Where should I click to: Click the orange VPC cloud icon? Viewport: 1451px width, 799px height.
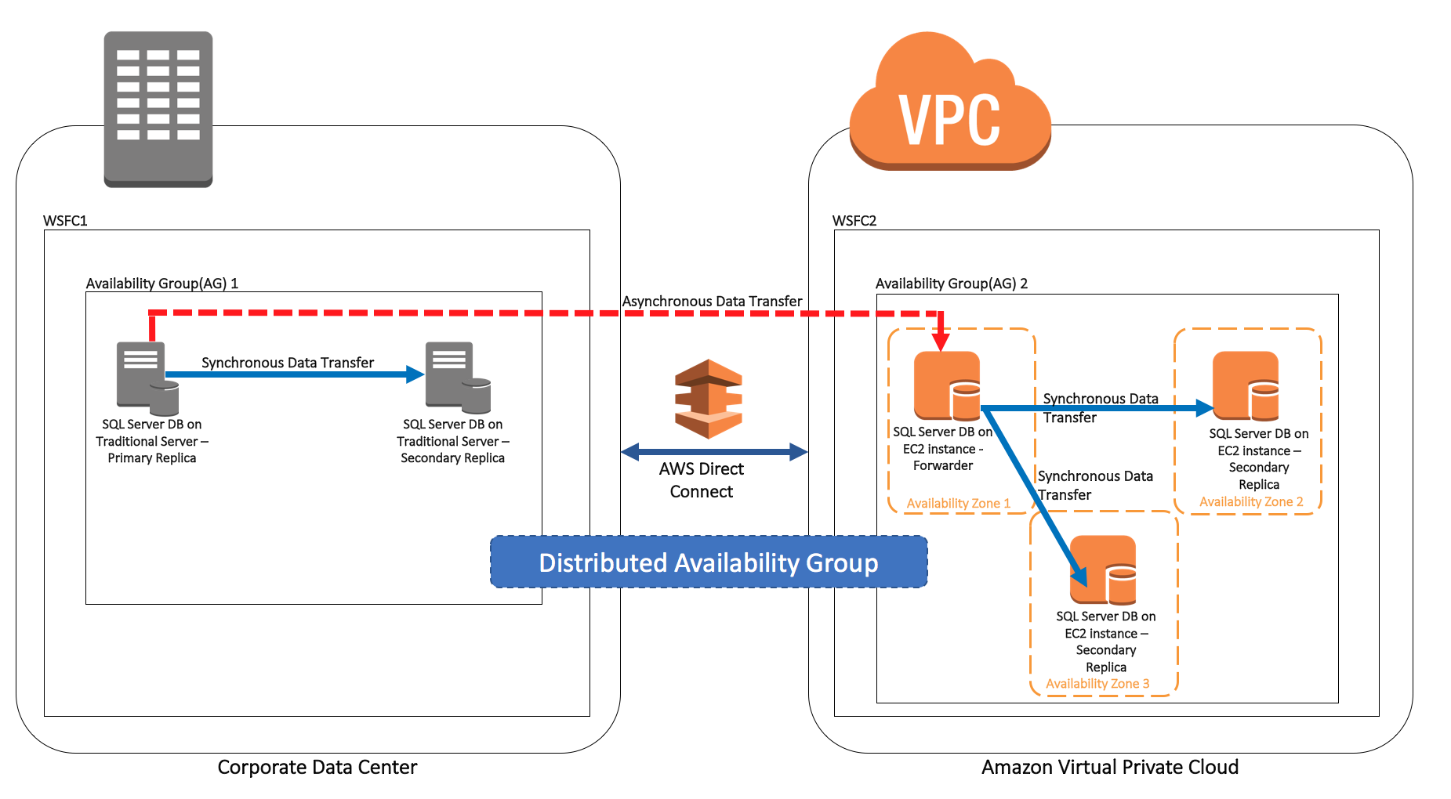click(x=950, y=101)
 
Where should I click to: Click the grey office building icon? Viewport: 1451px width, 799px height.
click(x=158, y=110)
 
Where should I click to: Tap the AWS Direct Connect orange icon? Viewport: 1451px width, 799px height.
click(x=709, y=399)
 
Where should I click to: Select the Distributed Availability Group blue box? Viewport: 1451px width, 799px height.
click(x=709, y=562)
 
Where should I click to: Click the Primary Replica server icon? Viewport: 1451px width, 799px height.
click(x=147, y=378)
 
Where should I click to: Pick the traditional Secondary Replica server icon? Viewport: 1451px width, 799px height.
click(x=458, y=378)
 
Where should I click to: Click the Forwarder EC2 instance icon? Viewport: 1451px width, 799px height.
click(x=947, y=385)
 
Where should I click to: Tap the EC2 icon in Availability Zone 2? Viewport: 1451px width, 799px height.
click(x=1246, y=385)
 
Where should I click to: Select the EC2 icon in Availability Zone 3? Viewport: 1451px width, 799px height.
click(x=1103, y=569)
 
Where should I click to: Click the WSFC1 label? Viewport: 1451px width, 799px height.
click(x=65, y=221)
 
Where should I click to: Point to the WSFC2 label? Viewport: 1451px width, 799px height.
click(x=854, y=221)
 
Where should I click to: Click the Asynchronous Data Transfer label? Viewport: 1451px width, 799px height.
click(x=712, y=302)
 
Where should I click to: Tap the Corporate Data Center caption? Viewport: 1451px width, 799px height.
click(x=317, y=767)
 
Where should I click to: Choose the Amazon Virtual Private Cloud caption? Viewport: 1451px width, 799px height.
click(x=1110, y=767)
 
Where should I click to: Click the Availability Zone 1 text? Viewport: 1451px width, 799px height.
click(x=958, y=504)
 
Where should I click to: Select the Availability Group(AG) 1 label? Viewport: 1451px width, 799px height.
click(x=162, y=284)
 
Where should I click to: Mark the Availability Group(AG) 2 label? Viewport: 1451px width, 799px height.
click(x=952, y=284)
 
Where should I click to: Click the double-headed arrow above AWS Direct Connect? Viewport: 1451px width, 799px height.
click(x=714, y=452)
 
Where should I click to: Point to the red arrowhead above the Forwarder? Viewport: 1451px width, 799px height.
click(x=941, y=342)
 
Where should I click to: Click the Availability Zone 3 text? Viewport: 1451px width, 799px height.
click(x=1097, y=684)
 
